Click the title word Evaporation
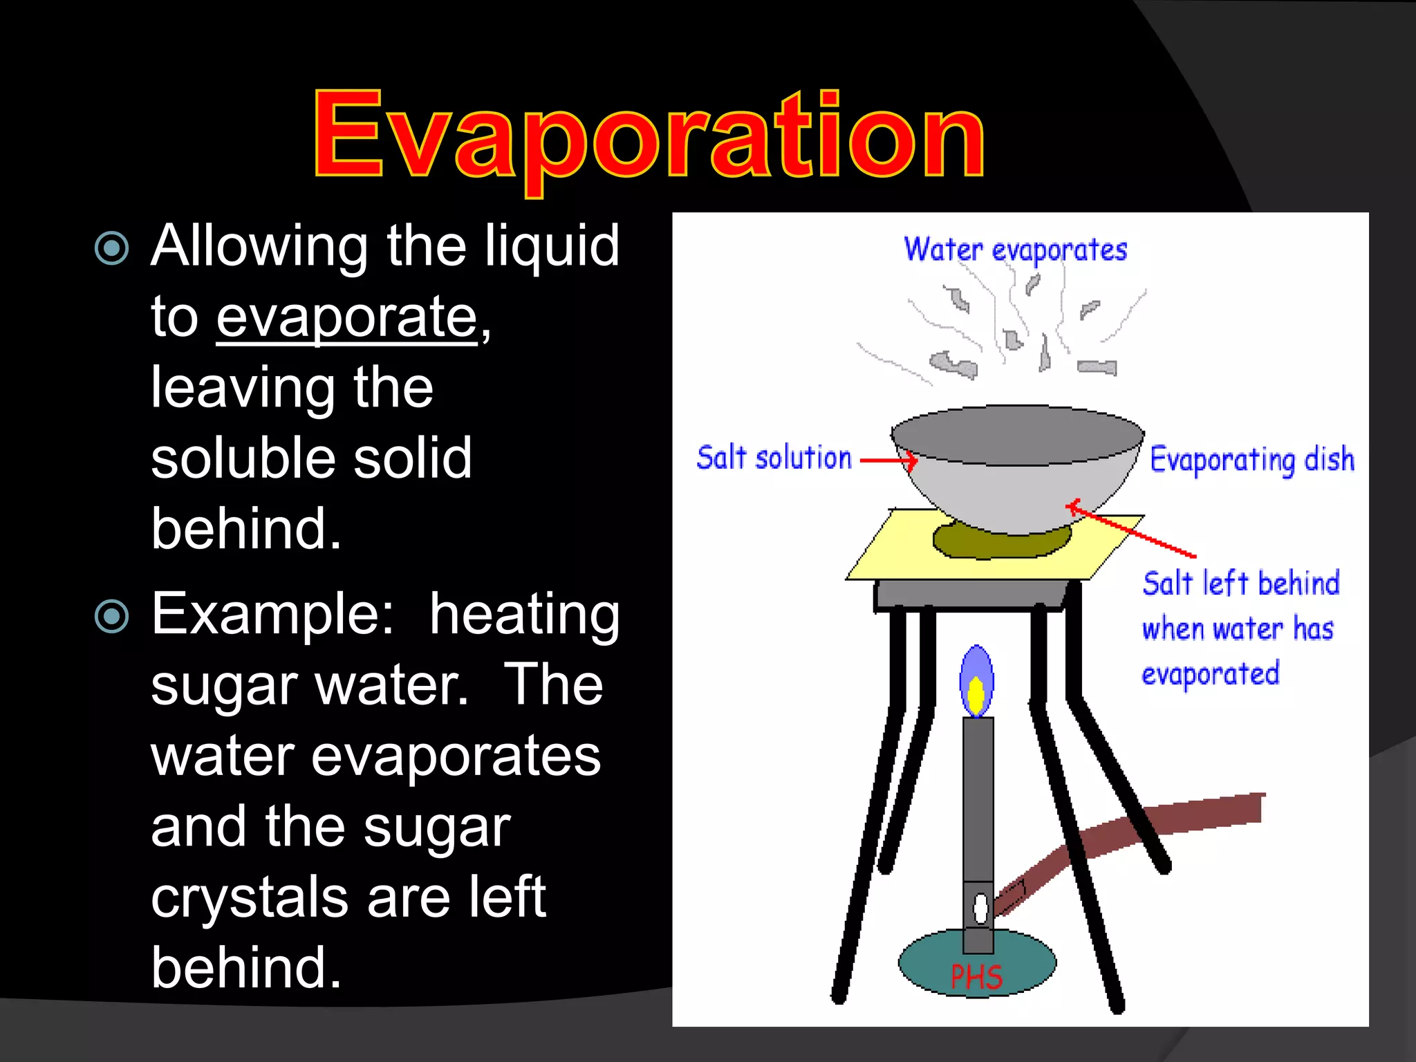click(649, 136)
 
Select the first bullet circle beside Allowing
click(111, 248)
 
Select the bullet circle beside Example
click(111, 617)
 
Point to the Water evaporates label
click(1015, 250)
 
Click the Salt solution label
click(774, 458)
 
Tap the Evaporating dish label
click(1251, 460)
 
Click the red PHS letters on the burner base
click(976, 977)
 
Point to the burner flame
click(976, 681)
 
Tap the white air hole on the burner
click(980, 908)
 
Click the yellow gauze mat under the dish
click(892, 553)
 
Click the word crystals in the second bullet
click(249, 897)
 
